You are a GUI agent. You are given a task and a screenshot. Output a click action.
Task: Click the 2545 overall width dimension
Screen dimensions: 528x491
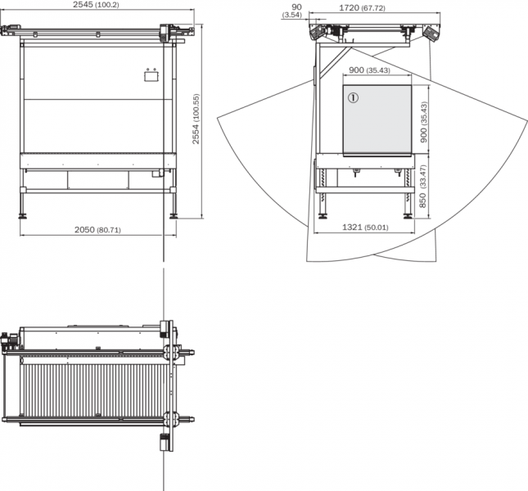[96, 5]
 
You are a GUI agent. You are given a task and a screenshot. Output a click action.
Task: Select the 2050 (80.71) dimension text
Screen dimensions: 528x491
[97, 230]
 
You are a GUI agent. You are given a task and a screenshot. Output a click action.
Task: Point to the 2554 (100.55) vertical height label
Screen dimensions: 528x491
[196, 119]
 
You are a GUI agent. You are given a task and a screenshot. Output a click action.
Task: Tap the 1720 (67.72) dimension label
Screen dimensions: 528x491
[362, 7]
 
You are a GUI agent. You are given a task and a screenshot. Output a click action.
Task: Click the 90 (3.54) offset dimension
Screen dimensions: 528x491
[292, 11]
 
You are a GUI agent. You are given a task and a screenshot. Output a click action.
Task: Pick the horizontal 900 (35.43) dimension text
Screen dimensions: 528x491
[369, 70]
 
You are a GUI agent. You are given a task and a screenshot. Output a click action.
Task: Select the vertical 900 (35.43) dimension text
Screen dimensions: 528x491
[424, 122]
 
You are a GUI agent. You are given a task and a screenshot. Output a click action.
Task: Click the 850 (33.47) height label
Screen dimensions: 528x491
[423, 186]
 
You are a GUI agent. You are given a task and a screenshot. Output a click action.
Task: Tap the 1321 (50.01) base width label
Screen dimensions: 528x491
[365, 227]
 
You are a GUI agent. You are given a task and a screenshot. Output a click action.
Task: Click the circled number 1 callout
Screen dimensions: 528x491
[354, 98]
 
